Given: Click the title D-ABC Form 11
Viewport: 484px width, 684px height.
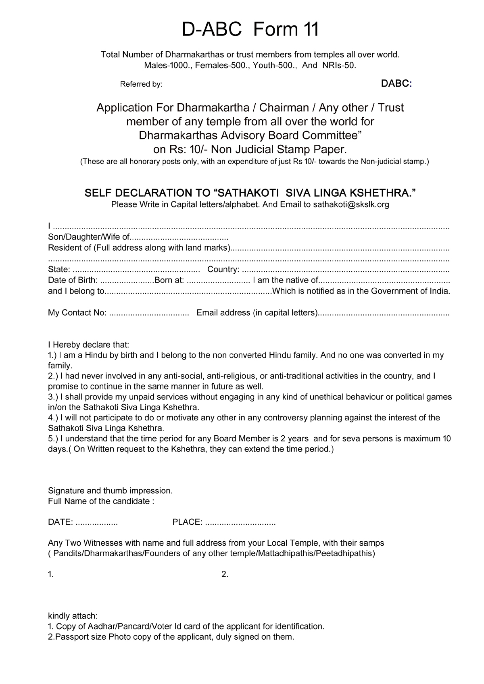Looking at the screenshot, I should [250, 29].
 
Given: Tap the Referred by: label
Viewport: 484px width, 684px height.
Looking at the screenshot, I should [141, 85].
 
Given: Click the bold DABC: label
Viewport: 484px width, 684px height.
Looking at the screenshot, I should [396, 84].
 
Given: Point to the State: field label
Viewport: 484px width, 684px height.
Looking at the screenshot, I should [59, 269].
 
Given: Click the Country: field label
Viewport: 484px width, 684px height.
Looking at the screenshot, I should [223, 269].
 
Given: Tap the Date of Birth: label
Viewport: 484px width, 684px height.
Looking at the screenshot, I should [72, 280].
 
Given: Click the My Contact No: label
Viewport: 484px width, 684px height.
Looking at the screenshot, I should [77, 313].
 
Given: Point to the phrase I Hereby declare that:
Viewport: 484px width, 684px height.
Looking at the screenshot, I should [88, 345].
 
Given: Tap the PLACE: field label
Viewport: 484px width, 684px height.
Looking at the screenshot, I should [187, 522].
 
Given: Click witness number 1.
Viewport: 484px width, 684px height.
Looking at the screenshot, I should [51, 575].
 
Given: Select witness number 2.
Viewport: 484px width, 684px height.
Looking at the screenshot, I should [225, 575].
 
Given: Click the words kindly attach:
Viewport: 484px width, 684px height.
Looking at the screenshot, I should [73, 616].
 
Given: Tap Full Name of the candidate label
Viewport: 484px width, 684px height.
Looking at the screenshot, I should [101, 501].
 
